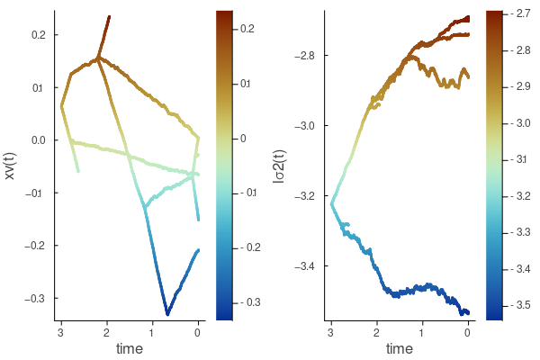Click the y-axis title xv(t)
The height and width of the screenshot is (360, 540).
tap(11, 166)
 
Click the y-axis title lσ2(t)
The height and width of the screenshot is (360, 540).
tap(280, 166)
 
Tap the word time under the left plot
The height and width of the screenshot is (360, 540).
tap(129, 348)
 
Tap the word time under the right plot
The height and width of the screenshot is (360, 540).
tap(399, 348)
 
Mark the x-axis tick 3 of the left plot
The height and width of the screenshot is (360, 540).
tap(60, 331)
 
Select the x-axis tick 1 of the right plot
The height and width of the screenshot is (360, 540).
tap(422, 331)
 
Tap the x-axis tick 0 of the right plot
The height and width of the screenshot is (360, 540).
tap(468, 331)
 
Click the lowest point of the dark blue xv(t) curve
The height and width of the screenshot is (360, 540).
tap(167, 314)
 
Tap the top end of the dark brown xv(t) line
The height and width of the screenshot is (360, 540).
tap(109, 16)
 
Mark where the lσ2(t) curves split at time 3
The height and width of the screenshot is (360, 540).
tap(331, 204)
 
